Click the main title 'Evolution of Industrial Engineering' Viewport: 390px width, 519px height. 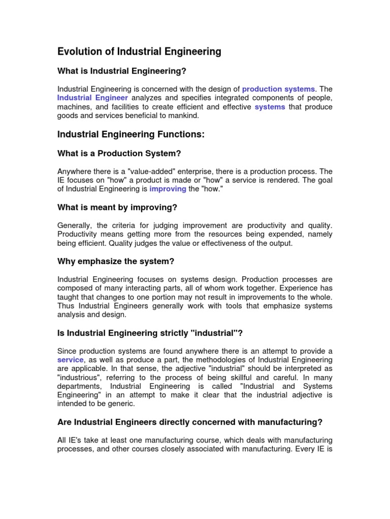pyautogui.click(x=139, y=51)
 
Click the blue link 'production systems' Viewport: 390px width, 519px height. pyautogui.click(x=278, y=89)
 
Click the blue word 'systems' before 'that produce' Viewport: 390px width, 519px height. pyautogui.click(x=270, y=107)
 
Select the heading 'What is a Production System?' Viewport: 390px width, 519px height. pyautogui.click(x=119, y=153)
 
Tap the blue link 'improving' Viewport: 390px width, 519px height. pyautogui.click(x=168, y=190)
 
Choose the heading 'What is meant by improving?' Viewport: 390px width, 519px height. pyautogui.click(x=117, y=207)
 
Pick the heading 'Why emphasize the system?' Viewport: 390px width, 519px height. pyautogui.click(x=116, y=261)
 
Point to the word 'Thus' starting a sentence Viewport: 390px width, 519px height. pyautogui.click(x=66, y=306)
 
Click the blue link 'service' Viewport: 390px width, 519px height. pyautogui.click(x=70, y=359)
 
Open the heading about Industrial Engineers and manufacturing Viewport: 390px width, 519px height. pyautogui.click(x=190, y=422)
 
